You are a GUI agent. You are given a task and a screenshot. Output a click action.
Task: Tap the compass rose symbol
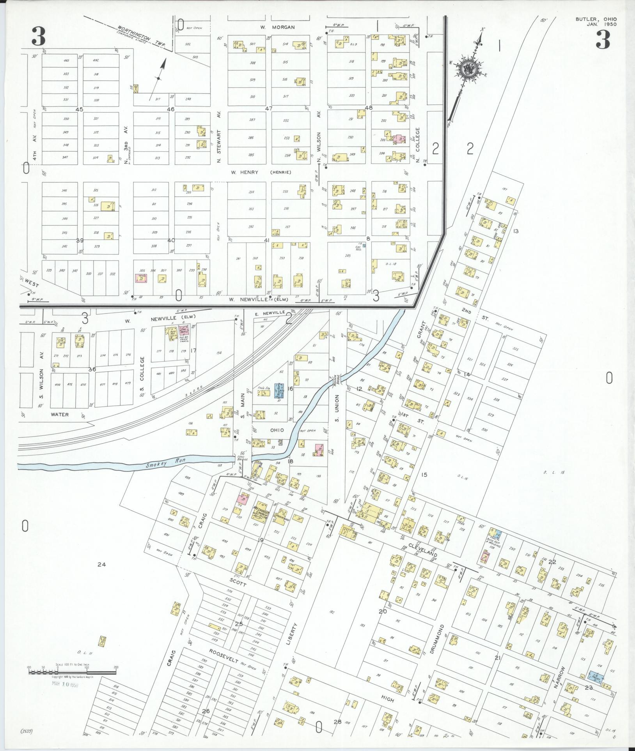coord(467,69)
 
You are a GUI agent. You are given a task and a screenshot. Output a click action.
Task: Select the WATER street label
coord(60,415)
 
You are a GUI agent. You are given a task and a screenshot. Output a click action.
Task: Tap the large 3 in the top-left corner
coord(39,37)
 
